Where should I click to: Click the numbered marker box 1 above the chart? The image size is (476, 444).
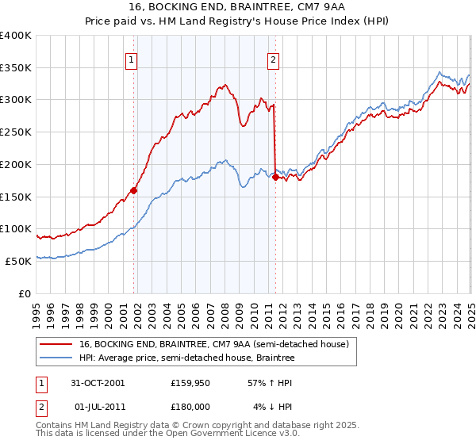coord(130,58)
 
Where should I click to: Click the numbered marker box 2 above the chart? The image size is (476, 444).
coord(273,58)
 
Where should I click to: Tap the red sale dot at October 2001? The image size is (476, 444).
coord(134,190)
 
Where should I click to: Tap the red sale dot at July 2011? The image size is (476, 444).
coord(274,178)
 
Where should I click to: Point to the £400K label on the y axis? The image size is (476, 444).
coord(16,36)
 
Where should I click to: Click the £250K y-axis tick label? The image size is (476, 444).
coord(16,132)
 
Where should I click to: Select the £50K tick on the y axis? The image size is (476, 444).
coord(18,261)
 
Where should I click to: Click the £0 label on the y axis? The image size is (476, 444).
coord(25,293)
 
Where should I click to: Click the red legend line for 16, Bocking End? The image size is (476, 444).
coord(56,344)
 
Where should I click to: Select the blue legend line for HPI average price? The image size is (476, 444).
coord(56,358)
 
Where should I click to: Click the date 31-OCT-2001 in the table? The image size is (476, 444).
coord(98,383)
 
